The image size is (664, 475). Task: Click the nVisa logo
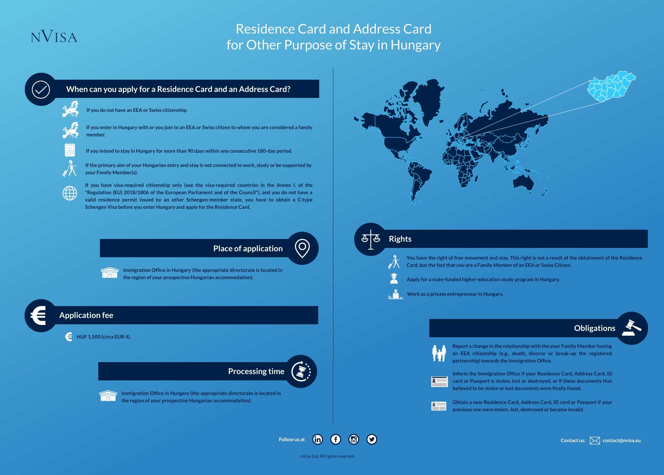[x=54, y=37]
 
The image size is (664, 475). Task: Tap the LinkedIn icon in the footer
[x=317, y=439]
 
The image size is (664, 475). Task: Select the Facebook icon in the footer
[x=336, y=439]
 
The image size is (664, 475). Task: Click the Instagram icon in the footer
[x=354, y=439]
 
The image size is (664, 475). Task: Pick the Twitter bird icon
[x=372, y=439]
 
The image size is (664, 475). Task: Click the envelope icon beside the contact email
[x=595, y=440]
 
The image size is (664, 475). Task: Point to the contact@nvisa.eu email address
[x=622, y=440]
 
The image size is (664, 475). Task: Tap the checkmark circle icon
[x=41, y=89]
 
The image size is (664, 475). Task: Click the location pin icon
[x=302, y=248]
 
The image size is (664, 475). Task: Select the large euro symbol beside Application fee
[x=39, y=315]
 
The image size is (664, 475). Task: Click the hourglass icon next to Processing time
[x=301, y=371]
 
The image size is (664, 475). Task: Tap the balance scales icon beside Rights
[x=371, y=239]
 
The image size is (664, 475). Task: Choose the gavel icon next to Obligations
[x=631, y=328]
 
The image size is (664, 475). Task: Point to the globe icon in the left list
[x=70, y=193]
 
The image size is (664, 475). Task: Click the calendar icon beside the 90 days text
[x=70, y=150]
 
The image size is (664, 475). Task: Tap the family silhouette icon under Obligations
[x=439, y=353]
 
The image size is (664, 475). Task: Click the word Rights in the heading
[x=400, y=239]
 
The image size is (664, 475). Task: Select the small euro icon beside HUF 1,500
[x=69, y=337]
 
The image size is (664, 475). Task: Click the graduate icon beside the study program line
[x=394, y=278]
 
